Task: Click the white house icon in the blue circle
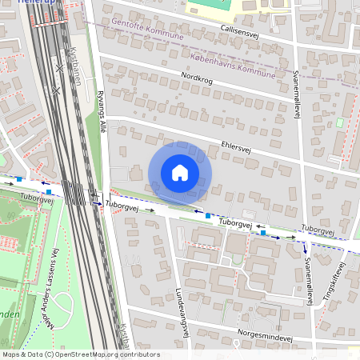(x=180, y=173)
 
